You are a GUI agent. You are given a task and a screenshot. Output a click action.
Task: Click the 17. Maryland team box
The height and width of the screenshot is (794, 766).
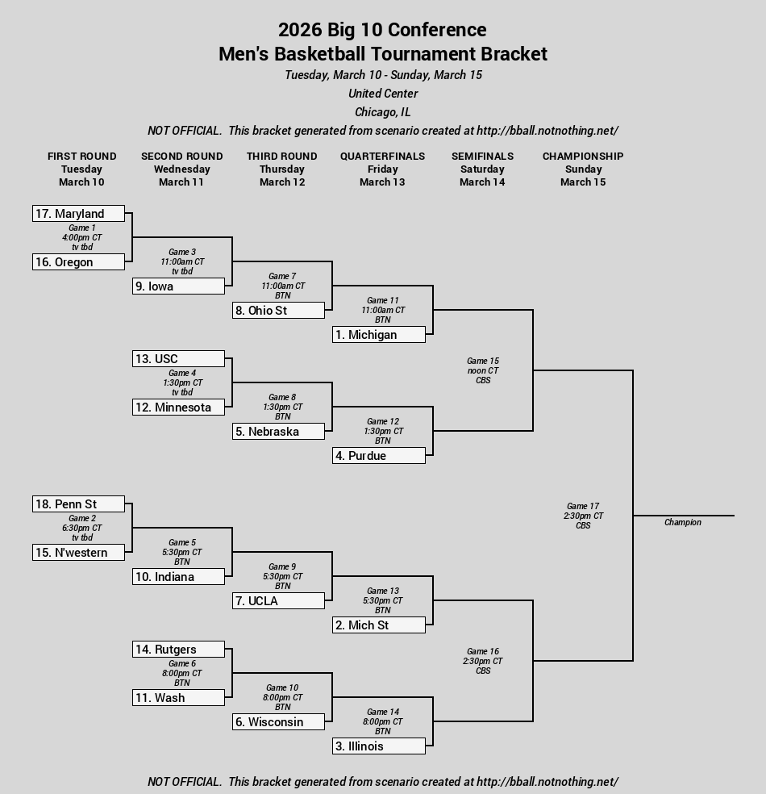point(78,213)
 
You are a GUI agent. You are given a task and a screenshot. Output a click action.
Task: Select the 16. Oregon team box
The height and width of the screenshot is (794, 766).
point(78,261)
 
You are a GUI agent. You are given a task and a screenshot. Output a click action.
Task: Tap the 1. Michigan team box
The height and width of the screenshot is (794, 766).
point(379,334)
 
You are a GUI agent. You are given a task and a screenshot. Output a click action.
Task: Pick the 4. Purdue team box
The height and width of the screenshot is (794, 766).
point(379,455)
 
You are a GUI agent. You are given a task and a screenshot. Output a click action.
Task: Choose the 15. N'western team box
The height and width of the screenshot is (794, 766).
point(78,552)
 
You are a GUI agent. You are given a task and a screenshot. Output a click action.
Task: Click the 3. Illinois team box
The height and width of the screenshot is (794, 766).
point(379,746)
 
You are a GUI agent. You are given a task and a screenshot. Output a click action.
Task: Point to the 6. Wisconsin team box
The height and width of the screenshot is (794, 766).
point(278,721)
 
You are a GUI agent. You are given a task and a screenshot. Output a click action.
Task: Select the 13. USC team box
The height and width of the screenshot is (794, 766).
point(178,358)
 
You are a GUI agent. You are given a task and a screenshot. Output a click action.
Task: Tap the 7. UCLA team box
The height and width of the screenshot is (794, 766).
point(278,600)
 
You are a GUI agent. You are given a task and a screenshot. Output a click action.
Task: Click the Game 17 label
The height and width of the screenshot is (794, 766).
point(583,506)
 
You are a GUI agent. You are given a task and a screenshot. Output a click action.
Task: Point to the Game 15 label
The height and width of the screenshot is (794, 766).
point(483,361)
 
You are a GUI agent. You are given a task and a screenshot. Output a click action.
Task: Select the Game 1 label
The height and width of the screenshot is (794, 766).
point(82,228)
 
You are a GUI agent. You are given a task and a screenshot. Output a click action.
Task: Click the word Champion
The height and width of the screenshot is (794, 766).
point(682,522)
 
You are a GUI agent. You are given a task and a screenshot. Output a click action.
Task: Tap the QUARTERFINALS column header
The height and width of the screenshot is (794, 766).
point(382,156)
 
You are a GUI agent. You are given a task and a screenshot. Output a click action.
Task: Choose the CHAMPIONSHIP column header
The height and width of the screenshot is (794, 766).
point(583,156)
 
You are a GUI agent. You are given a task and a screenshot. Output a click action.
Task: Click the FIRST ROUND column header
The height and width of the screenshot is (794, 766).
point(82,156)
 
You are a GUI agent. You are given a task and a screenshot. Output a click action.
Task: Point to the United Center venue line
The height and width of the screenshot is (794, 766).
point(383,93)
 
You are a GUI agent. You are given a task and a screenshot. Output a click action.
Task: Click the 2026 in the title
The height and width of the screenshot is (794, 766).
point(300,29)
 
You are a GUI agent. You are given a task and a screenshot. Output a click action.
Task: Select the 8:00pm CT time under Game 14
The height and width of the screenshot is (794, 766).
point(382,721)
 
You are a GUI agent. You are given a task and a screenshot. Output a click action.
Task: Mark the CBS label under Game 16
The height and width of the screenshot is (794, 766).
point(483,671)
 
